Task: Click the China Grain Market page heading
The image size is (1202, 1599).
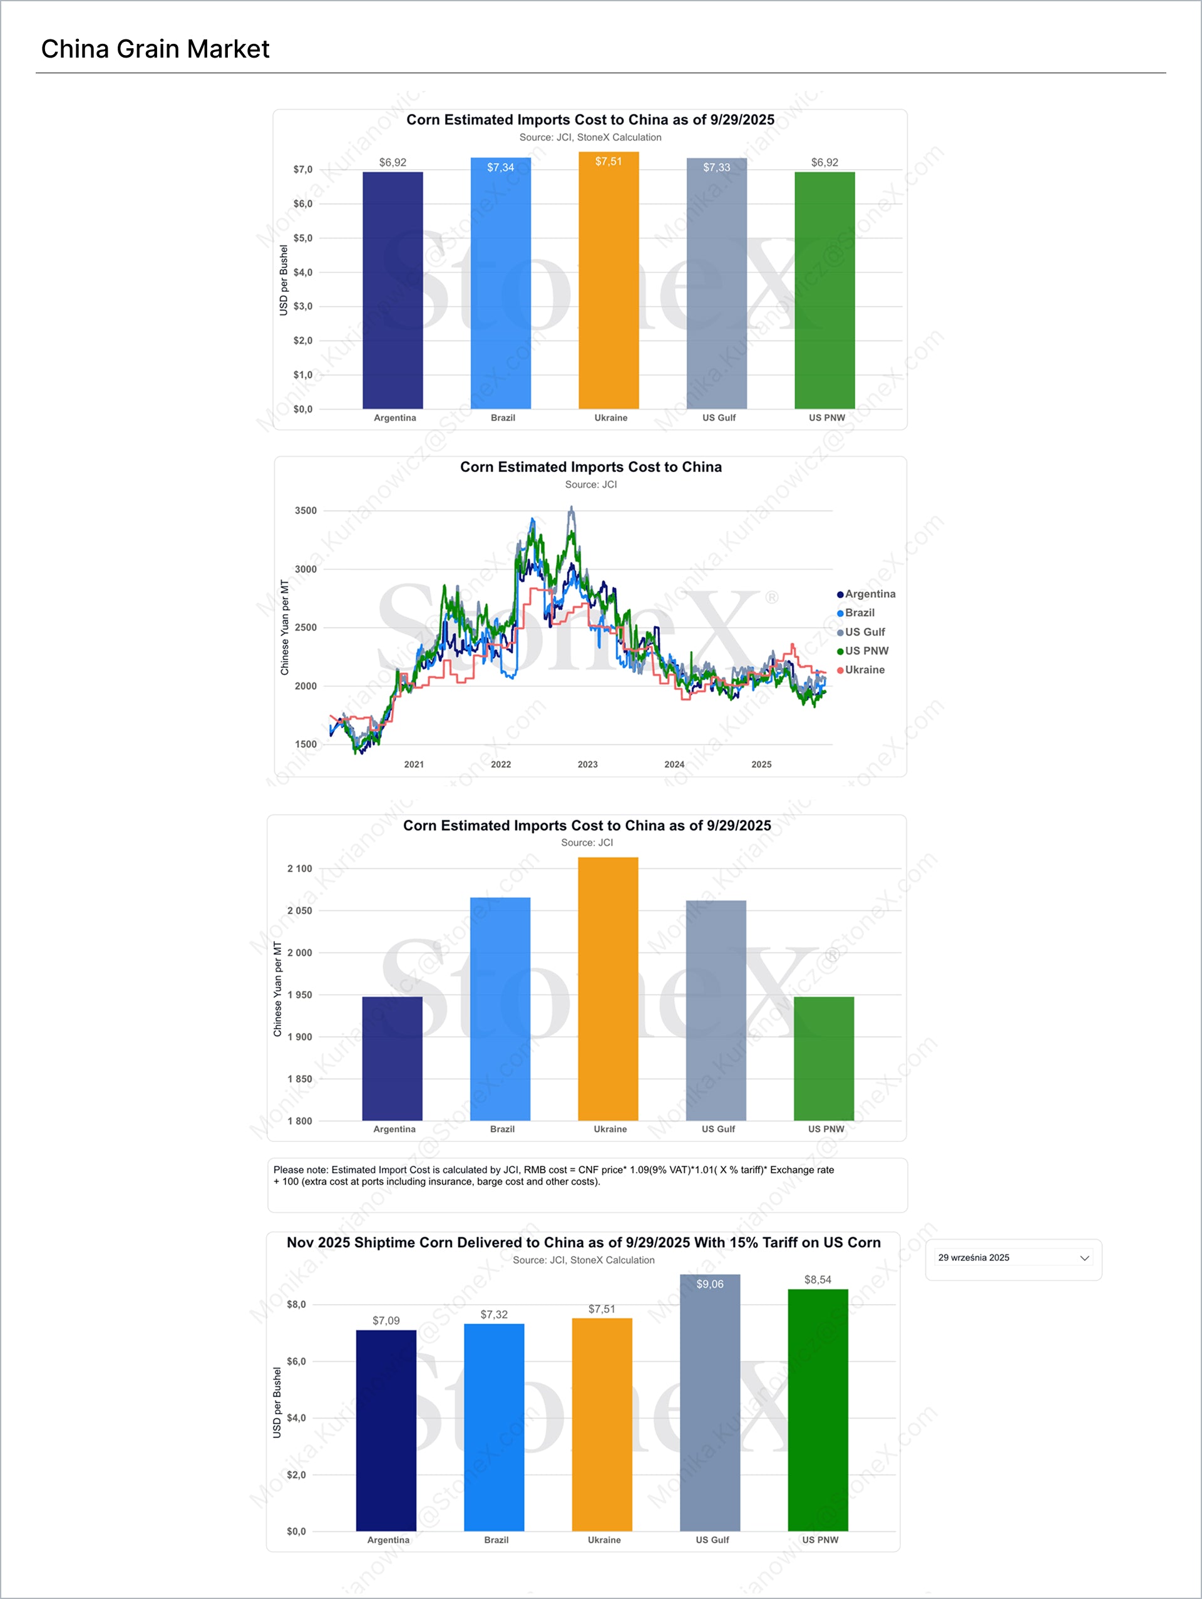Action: coord(155,49)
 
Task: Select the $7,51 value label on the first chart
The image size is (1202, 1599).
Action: coord(608,161)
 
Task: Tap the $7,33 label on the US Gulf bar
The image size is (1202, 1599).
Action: coord(716,167)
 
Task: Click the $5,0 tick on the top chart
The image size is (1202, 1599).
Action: coord(303,238)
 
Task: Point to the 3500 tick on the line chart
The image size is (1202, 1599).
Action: coord(305,510)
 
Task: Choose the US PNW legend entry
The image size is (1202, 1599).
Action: coord(866,650)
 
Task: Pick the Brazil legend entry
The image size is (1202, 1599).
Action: coord(859,612)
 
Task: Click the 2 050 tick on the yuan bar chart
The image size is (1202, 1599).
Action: coord(299,911)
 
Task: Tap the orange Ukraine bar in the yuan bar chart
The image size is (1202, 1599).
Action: coord(608,990)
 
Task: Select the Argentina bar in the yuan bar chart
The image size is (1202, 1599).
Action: coord(392,1059)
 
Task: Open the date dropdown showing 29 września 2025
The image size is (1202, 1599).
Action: coord(1013,1258)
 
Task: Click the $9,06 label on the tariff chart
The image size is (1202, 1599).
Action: coord(709,1284)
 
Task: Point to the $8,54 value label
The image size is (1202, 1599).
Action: coord(818,1280)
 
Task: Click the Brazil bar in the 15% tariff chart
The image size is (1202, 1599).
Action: coord(494,1427)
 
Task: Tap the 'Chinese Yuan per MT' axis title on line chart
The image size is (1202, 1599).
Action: coord(284,627)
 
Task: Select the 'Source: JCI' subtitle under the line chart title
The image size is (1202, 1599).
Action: coord(590,485)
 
